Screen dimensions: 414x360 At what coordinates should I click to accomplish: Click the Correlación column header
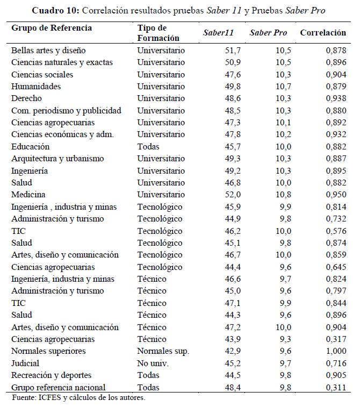tap(322, 32)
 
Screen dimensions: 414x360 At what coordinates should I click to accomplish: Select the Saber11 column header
tap(218, 33)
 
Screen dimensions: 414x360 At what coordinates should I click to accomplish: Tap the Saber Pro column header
tap(268, 33)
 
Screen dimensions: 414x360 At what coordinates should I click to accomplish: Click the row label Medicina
tap(28, 194)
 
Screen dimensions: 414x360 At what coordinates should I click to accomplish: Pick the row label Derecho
tap(26, 98)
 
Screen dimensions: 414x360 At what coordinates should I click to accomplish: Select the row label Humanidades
tap(36, 86)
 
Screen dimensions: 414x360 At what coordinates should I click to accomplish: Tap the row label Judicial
tap(26, 363)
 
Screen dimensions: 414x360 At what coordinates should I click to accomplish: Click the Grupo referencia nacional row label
tap(59, 387)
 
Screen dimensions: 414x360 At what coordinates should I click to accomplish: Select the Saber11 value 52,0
tap(225, 194)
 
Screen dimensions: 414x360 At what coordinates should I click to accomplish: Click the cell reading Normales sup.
tap(163, 351)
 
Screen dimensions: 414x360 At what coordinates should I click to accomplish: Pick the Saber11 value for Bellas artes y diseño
tap(225, 50)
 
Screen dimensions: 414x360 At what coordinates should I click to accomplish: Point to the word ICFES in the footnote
tap(48, 398)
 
